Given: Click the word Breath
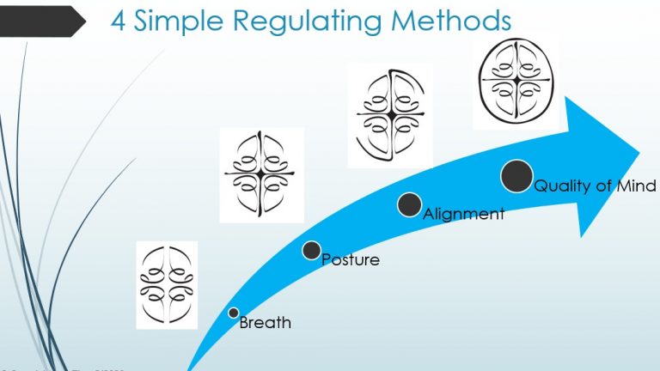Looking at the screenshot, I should click(265, 324).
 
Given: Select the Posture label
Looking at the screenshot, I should click(350, 259).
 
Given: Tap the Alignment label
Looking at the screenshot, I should click(463, 214).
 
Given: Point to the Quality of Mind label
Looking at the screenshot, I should click(595, 185).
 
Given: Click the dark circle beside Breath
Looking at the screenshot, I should click(233, 313).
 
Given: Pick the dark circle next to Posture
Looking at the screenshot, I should click(312, 250).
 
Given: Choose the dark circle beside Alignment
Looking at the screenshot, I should click(410, 204).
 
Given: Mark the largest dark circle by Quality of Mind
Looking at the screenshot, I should click(516, 176).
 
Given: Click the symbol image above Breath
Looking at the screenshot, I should click(167, 284).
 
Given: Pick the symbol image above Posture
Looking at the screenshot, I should click(261, 175).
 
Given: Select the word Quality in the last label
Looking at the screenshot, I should click(563, 186).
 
